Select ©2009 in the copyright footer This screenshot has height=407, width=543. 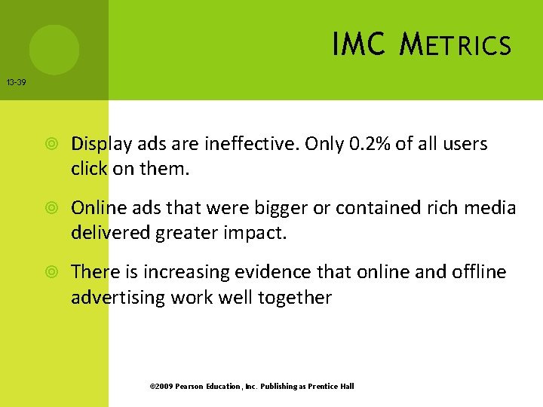click(161, 387)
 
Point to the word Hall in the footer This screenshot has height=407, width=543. click(346, 387)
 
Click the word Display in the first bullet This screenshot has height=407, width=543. click(100, 143)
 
